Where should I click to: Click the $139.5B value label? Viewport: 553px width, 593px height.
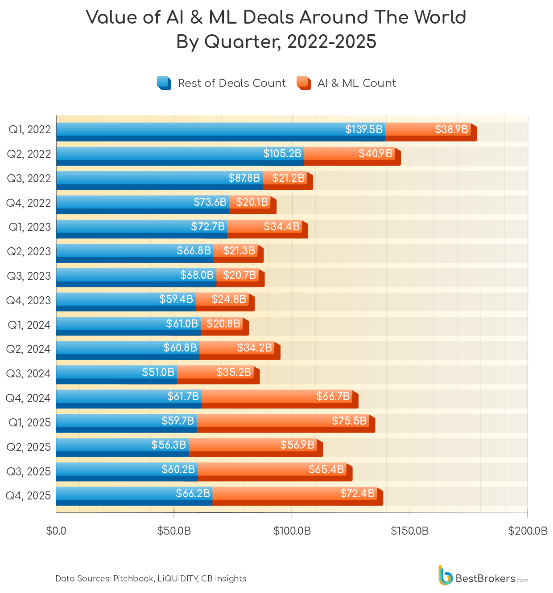point(363,130)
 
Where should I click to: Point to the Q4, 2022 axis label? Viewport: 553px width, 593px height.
point(28,203)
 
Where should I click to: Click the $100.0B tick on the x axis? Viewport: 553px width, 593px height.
point(292,531)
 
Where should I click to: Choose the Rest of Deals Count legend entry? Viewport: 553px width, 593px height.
point(222,83)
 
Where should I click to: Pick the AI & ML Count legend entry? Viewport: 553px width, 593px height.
point(347,83)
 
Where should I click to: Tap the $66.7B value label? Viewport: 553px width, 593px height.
point(333,396)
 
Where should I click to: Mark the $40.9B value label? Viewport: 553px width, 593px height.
point(376,154)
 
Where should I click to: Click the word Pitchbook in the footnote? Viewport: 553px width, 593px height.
point(133,579)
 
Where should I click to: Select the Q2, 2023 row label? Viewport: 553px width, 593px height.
point(29,252)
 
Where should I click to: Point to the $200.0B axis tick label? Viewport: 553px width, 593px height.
point(528,531)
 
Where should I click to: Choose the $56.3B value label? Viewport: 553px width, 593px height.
point(169,445)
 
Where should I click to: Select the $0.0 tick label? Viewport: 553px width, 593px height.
point(56,531)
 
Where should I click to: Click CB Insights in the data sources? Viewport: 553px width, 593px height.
point(223,579)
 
